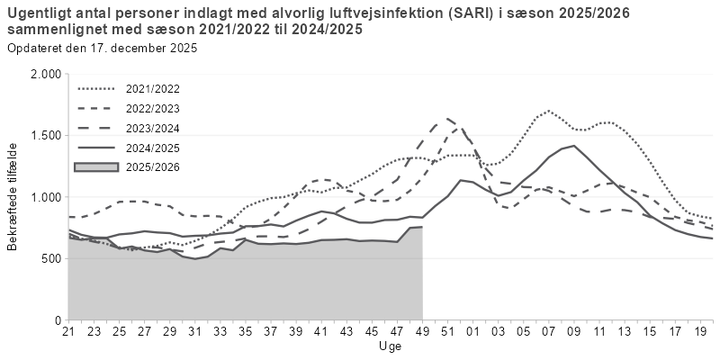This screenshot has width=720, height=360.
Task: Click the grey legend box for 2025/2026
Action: click(x=98, y=166)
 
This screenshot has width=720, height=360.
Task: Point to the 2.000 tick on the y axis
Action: click(x=44, y=74)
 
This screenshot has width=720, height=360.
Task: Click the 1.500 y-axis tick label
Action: click(x=44, y=135)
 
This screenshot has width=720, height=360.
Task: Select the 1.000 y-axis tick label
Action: click(x=44, y=197)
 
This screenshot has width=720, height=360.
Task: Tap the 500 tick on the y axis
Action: click(x=50, y=258)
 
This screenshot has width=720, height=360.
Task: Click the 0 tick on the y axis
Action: click(x=57, y=319)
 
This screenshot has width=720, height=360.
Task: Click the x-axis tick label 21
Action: click(x=67, y=332)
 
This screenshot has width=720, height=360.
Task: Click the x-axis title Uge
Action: click(x=391, y=346)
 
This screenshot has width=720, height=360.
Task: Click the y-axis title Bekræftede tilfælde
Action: click(x=13, y=196)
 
